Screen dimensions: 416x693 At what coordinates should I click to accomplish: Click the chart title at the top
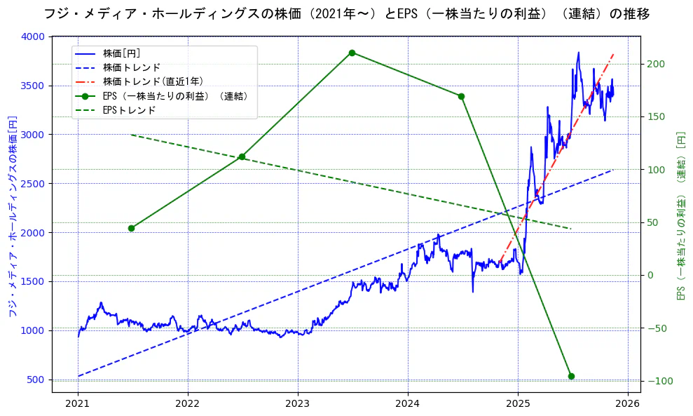[346, 13]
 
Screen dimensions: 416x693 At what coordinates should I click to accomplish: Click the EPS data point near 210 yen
[352, 53]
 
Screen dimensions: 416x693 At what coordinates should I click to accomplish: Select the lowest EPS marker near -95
[571, 376]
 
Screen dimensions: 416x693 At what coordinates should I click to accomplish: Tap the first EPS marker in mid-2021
[131, 228]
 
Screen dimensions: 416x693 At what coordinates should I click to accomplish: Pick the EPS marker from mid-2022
[242, 156]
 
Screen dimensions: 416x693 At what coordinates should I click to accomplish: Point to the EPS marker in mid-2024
[461, 96]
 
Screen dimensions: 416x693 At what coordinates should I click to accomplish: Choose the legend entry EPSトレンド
[129, 110]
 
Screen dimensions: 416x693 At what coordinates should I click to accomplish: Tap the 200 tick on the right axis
[654, 64]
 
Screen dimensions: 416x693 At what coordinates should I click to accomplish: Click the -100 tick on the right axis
[657, 381]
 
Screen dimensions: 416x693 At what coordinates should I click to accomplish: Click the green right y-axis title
[680, 215]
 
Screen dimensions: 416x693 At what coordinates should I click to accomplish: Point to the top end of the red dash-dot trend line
[614, 53]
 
